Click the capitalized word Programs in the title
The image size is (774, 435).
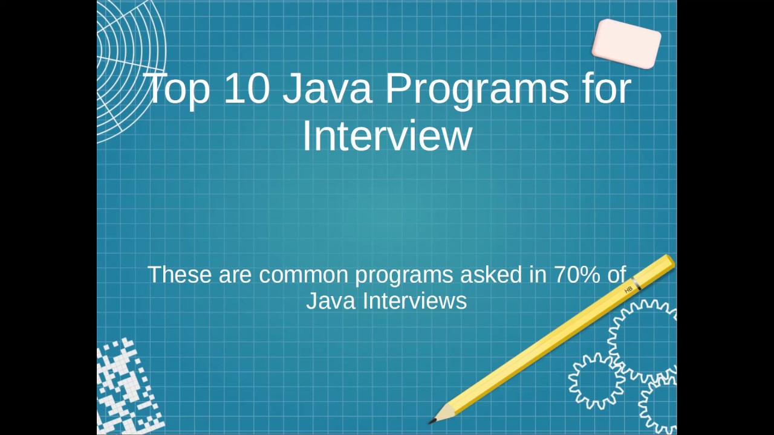(x=476, y=91)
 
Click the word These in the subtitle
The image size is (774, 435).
(x=180, y=274)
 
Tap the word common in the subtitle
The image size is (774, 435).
(x=304, y=275)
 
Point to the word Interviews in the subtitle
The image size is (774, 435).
(x=415, y=301)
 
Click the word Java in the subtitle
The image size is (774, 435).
(x=331, y=301)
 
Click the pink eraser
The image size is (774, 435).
(x=626, y=43)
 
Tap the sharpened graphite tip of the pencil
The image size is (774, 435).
(x=432, y=421)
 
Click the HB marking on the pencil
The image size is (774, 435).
(x=628, y=290)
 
